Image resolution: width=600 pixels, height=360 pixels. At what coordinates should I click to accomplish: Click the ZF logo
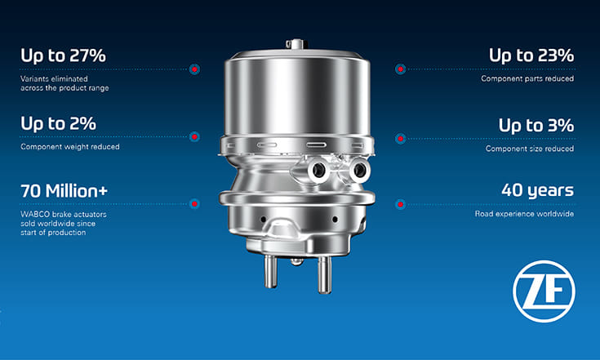(544, 291)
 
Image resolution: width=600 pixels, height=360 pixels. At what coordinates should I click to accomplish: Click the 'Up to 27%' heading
(63, 56)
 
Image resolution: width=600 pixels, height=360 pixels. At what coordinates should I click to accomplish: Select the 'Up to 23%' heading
(531, 56)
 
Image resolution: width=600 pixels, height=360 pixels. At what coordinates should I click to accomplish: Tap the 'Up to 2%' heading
(58, 123)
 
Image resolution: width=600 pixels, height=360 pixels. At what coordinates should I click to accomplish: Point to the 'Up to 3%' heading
(536, 126)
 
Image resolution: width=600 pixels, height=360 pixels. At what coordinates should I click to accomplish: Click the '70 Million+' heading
(64, 191)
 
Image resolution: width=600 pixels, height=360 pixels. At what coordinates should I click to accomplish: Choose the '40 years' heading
(538, 190)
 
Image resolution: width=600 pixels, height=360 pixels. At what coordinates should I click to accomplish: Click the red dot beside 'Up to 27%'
(194, 69)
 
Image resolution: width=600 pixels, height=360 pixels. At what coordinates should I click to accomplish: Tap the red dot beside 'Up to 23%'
(400, 69)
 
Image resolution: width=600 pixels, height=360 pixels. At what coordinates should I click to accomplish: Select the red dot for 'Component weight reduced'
(194, 136)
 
